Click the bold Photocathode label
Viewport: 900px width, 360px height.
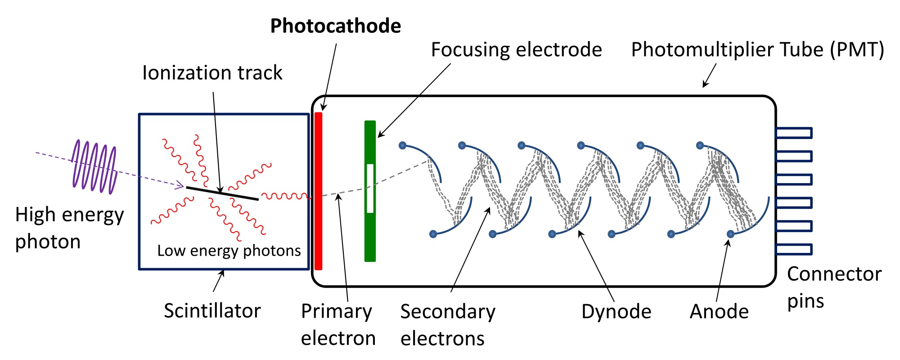click(335, 26)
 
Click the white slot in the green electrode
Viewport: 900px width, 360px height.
click(370, 188)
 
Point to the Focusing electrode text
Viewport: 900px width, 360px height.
click(516, 50)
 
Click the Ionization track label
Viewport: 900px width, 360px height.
click(212, 73)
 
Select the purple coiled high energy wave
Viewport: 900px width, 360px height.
click(94, 166)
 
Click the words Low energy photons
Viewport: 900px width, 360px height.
click(229, 251)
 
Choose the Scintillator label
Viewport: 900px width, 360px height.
click(212, 311)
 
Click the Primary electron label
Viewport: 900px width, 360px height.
click(338, 324)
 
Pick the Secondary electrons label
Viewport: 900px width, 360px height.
click(447, 324)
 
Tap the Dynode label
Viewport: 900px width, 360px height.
click(616, 311)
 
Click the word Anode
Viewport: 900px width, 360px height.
click(719, 311)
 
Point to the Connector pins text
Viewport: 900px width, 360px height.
click(833, 287)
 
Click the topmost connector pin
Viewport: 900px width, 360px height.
click(794, 133)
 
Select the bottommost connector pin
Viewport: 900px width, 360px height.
click(794, 249)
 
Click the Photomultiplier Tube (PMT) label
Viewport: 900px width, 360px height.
click(757, 50)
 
